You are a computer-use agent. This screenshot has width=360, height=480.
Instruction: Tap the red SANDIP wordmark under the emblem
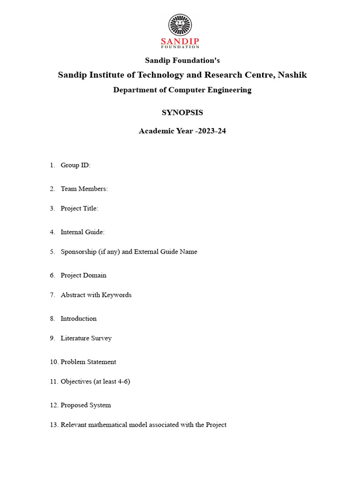click(180, 41)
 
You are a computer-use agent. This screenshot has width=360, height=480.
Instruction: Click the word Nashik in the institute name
click(292, 75)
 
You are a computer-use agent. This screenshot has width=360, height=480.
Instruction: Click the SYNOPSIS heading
click(182, 112)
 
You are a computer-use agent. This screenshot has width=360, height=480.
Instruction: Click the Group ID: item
click(75, 165)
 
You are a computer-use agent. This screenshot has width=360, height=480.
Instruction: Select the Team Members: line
click(84, 189)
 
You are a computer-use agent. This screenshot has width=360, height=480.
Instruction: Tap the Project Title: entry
click(79, 209)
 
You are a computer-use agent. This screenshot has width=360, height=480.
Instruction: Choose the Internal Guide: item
click(82, 232)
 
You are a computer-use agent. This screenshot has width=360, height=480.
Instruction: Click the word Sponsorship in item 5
click(78, 252)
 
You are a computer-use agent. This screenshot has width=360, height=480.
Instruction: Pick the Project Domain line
click(83, 275)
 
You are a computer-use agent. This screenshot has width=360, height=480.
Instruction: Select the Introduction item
click(78, 319)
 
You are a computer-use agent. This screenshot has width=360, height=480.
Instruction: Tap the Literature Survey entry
click(86, 338)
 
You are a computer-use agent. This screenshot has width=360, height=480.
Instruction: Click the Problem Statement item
click(88, 362)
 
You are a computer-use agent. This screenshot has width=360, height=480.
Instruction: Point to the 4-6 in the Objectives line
click(121, 382)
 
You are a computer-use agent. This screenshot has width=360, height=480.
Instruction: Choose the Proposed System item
click(86, 405)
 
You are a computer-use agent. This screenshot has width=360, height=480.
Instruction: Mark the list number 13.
click(53, 425)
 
